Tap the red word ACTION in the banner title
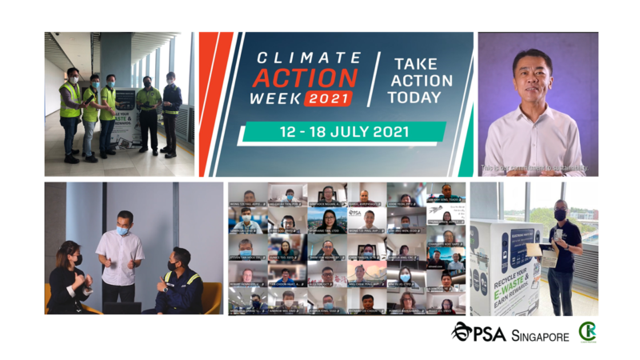305,78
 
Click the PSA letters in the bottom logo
487,334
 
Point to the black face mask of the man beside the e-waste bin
560,215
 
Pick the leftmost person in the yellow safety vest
70,112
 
